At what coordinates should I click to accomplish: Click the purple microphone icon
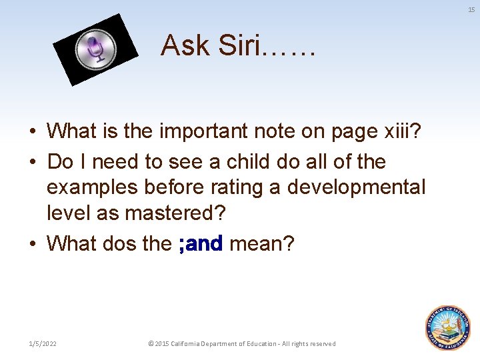95,49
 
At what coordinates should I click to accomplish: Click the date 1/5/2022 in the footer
43,343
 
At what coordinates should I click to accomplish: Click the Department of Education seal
447,327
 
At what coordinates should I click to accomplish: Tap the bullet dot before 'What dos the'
33,244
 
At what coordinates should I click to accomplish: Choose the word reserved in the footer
321,343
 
